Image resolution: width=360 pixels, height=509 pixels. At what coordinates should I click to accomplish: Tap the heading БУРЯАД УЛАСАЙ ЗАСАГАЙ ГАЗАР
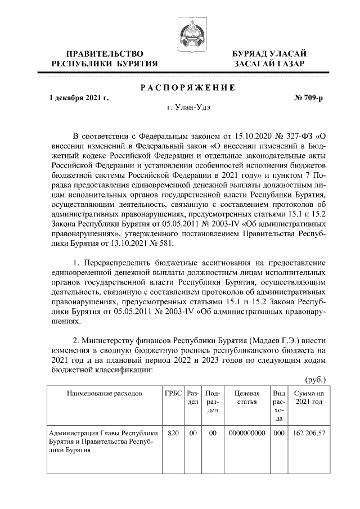[x=270, y=58]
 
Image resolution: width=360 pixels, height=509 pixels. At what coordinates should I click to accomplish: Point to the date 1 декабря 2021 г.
[x=79, y=98]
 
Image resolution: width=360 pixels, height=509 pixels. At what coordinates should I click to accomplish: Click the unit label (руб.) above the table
[x=315, y=380]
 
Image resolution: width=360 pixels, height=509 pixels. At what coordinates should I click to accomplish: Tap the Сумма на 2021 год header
[x=309, y=397]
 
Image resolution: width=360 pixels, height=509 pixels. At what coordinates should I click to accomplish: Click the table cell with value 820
[x=173, y=433]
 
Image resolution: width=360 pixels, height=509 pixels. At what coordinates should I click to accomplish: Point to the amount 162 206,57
[x=309, y=433]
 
